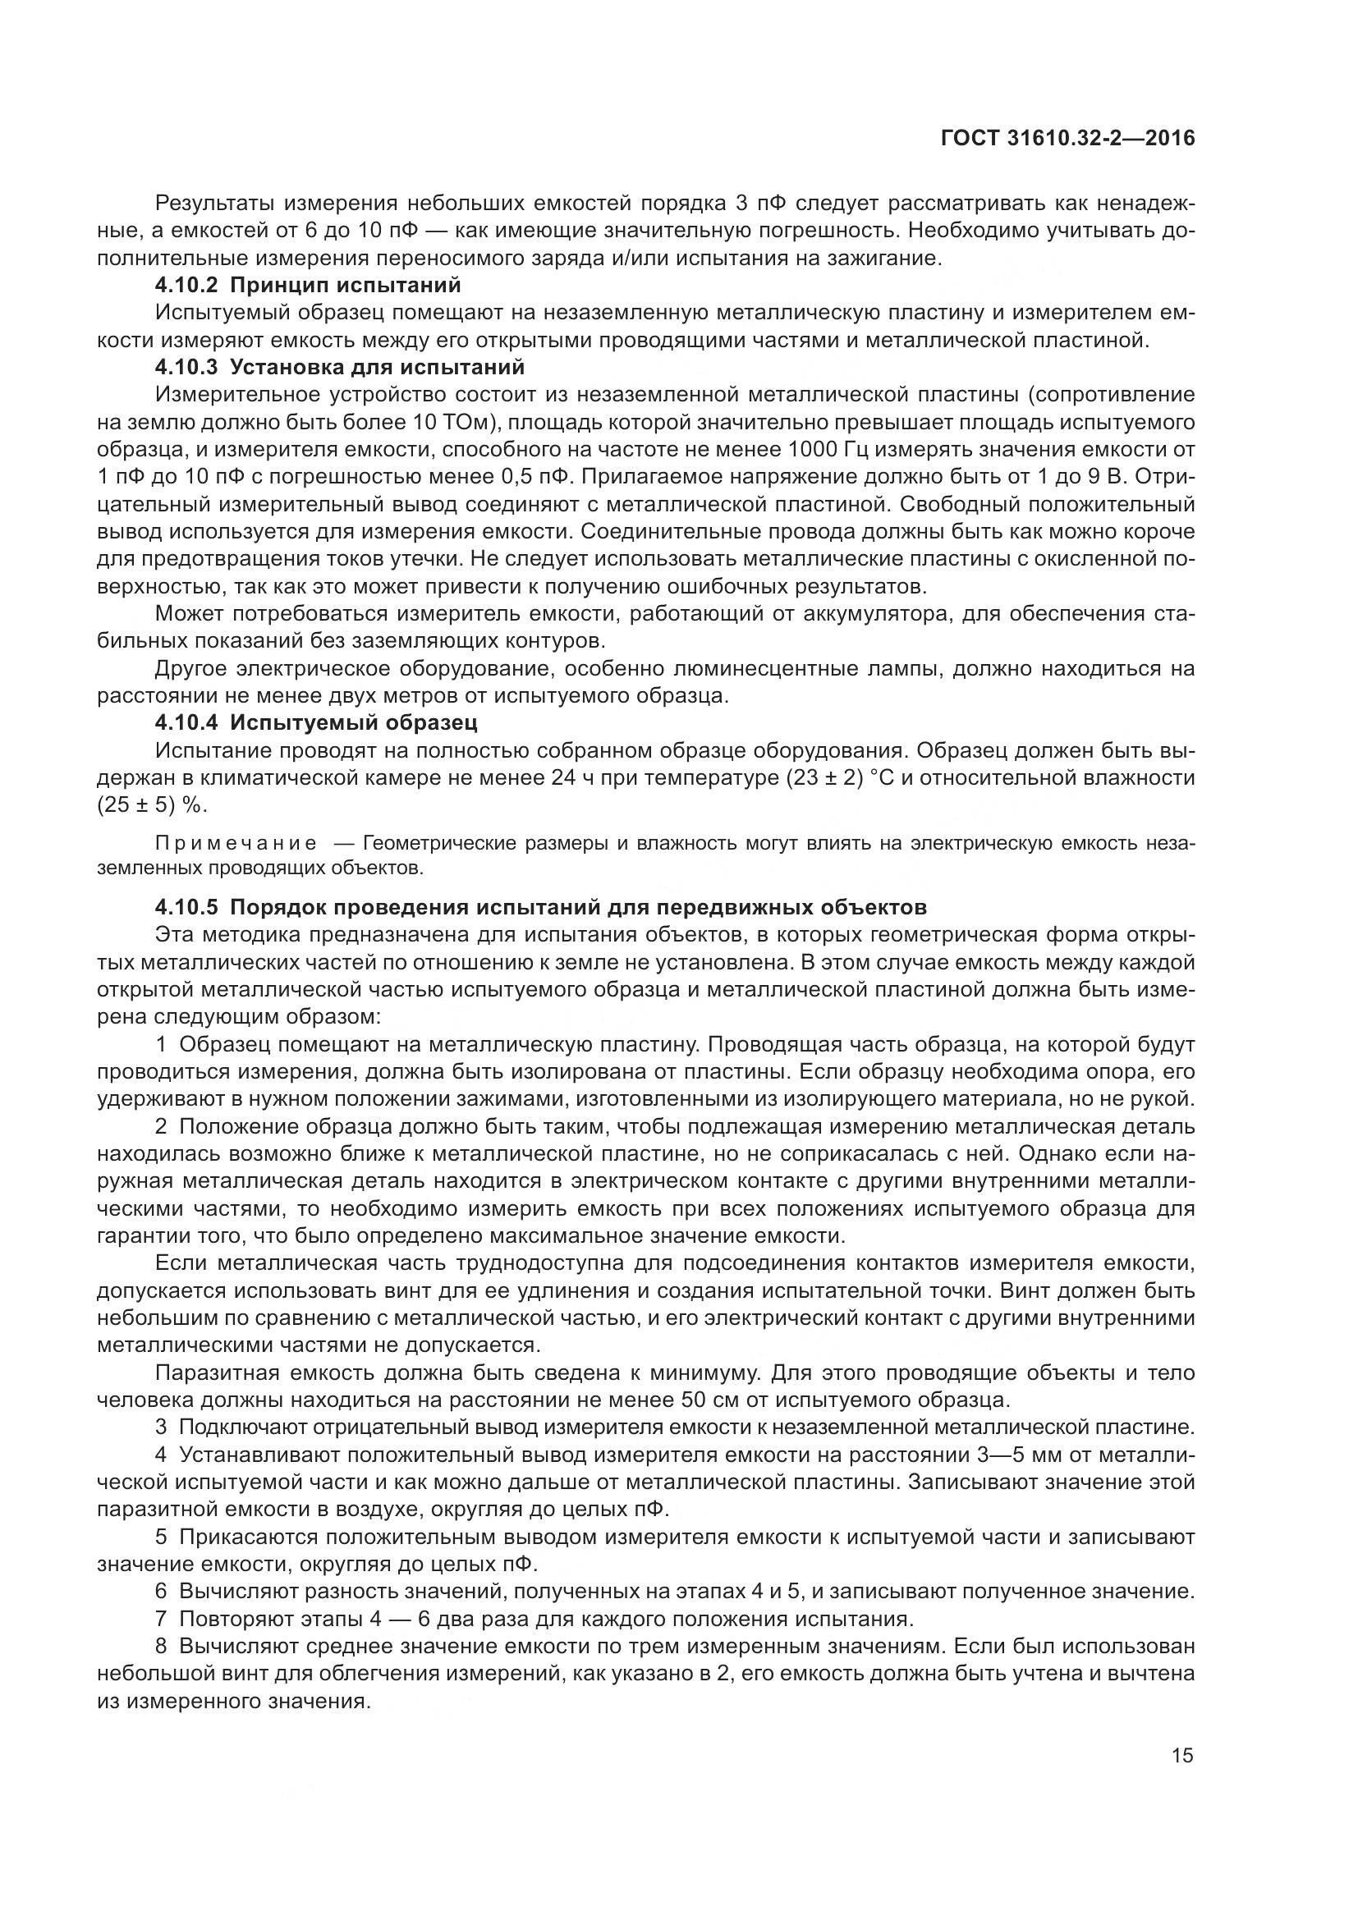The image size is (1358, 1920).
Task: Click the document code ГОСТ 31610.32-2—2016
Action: [1068, 138]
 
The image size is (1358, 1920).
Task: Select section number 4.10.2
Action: [186, 285]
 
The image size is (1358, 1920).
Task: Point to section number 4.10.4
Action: [186, 722]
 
